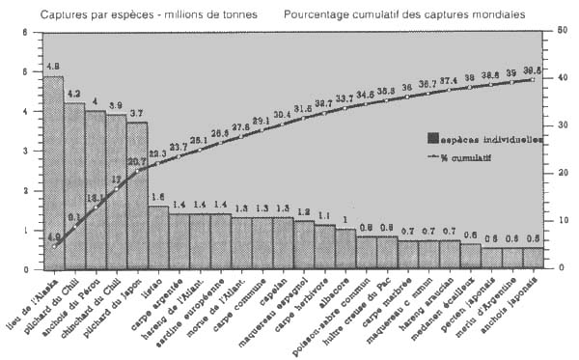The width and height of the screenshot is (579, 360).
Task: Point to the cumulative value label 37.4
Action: (x=449, y=80)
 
